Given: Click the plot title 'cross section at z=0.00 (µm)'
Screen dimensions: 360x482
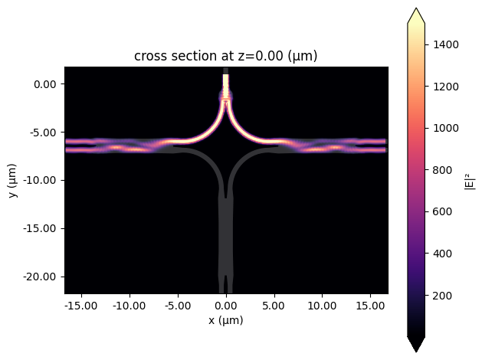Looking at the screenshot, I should [x=226, y=56].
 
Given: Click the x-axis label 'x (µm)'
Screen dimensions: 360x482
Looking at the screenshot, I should [x=226, y=320].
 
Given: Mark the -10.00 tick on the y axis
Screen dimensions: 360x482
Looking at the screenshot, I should [x=44, y=180].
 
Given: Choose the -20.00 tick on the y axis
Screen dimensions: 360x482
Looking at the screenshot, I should [x=44, y=276].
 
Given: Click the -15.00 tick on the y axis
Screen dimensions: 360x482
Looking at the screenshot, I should [x=44, y=228].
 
